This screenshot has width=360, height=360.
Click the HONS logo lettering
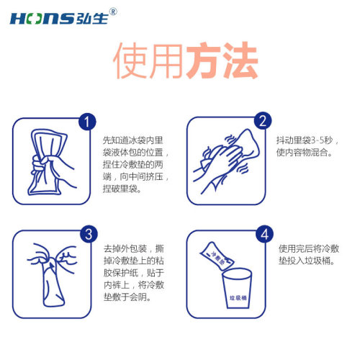coord(42,19)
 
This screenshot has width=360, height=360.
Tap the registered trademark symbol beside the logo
coord(113,12)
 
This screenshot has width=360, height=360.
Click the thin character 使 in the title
coord(130,60)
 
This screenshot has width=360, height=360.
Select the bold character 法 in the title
coord(240,60)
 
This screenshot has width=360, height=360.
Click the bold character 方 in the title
coord(204,60)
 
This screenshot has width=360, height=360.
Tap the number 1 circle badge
coord(87,122)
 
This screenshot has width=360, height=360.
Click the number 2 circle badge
coord(263,121)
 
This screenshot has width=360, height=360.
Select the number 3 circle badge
coord(89,234)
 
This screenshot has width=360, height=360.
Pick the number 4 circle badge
coord(264,234)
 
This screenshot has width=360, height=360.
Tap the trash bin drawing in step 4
coord(237,288)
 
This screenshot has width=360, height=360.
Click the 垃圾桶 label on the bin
coord(238,298)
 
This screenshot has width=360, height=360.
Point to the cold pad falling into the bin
coord(217,256)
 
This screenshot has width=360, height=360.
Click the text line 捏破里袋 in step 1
coord(122,189)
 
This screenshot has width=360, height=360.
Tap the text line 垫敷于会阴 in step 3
coord(127,297)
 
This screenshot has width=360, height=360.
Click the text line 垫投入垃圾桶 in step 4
coord(307,261)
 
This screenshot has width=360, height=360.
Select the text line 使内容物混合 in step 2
coord(305,152)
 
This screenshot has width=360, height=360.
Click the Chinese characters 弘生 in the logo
coord(92,18)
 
